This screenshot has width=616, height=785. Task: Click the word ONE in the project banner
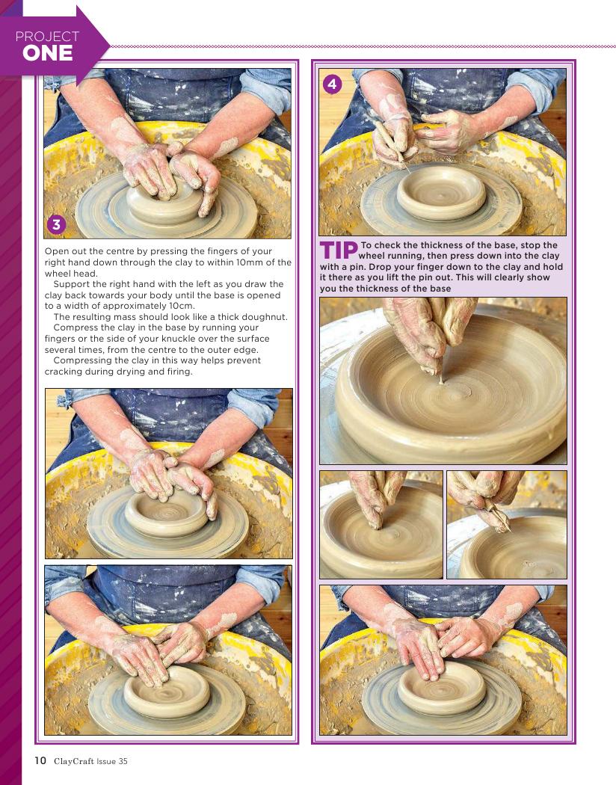[x=48, y=53]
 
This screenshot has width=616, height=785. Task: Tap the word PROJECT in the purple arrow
[x=47, y=37]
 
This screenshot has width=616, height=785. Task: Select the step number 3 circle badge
[x=57, y=224]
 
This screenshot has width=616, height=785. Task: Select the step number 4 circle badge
[x=332, y=84]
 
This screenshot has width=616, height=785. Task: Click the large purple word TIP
[x=339, y=250]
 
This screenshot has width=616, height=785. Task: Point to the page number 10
[x=40, y=761]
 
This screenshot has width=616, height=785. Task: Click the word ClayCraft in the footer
[x=73, y=762]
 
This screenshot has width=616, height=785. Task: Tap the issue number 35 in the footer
[x=123, y=762]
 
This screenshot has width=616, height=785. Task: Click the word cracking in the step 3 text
[x=63, y=372]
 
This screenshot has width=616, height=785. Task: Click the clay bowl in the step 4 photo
[x=441, y=193]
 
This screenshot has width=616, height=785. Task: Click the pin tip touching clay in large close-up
[x=441, y=382]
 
